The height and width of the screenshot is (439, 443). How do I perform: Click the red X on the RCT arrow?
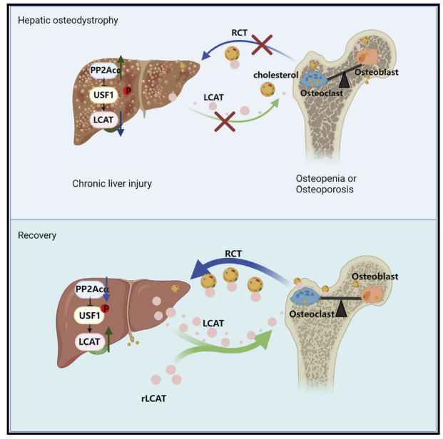click(263, 46)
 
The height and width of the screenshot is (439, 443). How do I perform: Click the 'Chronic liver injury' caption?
click(111, 184)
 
